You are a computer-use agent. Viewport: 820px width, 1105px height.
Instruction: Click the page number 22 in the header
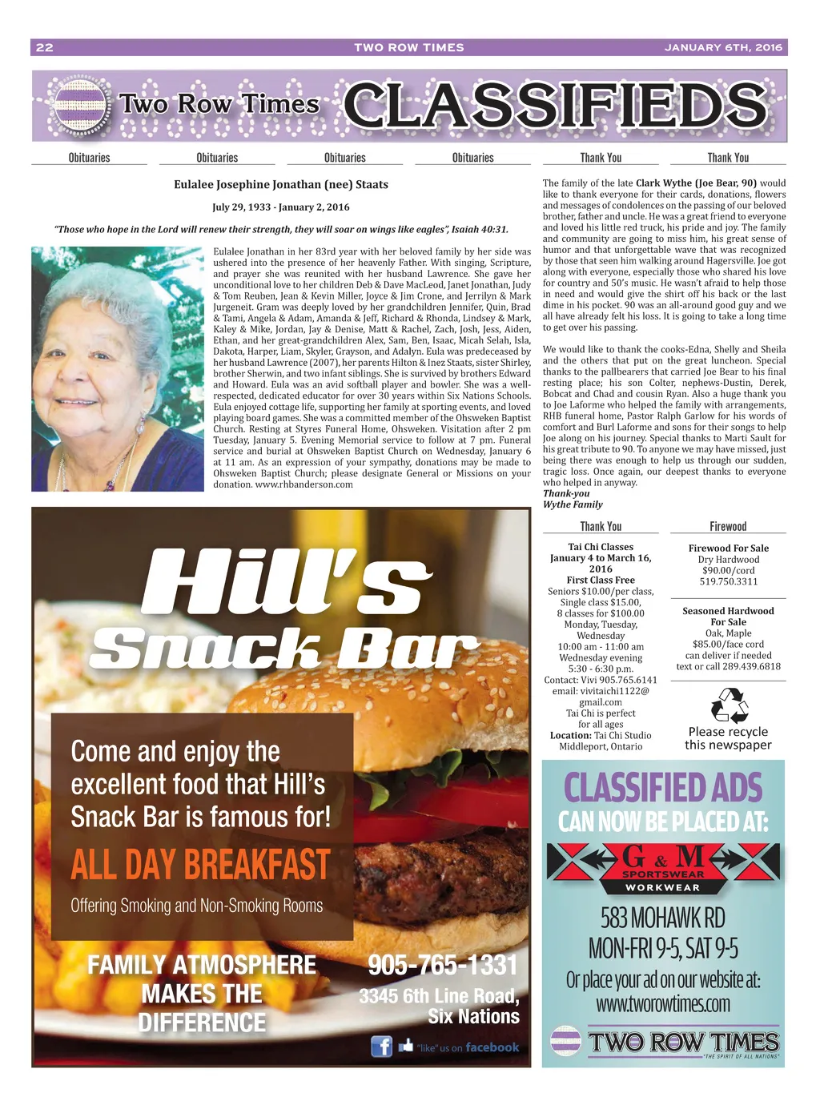pos(45,47)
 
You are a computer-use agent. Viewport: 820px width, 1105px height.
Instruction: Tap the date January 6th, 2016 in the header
pos(723,47)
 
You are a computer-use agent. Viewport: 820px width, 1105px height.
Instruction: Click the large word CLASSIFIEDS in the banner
pos(555,106)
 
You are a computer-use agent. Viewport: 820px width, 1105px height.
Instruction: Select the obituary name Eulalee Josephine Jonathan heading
pos(281,184)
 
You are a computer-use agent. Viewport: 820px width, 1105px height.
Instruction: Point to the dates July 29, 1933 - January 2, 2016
pos(281,207)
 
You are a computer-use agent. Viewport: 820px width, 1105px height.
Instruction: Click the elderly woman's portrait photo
pos(118,368)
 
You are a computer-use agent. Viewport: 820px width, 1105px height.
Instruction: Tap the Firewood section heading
pos(728,526)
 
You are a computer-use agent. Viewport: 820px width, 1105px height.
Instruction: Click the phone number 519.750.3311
pos(728,581)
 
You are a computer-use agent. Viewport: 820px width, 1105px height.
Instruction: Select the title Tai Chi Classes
pos(601,547)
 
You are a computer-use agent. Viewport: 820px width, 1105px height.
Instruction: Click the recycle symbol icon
pos(729,705)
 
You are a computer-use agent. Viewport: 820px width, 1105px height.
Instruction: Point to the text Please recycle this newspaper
pos(728,737)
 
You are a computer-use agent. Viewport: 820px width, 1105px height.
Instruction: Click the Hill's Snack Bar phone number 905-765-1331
pos(443,965)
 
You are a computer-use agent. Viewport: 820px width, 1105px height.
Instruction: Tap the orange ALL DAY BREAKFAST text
pos(200,866)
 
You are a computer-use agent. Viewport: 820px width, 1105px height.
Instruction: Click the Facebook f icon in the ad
pos(381,1046)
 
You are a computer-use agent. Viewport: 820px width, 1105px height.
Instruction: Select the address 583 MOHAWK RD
pos(663,917)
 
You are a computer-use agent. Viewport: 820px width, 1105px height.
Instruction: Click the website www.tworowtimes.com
pos(663,1003)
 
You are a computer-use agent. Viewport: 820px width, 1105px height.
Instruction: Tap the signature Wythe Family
pos(573,504)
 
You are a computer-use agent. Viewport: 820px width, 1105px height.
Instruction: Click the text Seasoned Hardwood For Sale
pos(728,616)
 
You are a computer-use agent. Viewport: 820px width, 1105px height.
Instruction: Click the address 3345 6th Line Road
pos(439,996)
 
